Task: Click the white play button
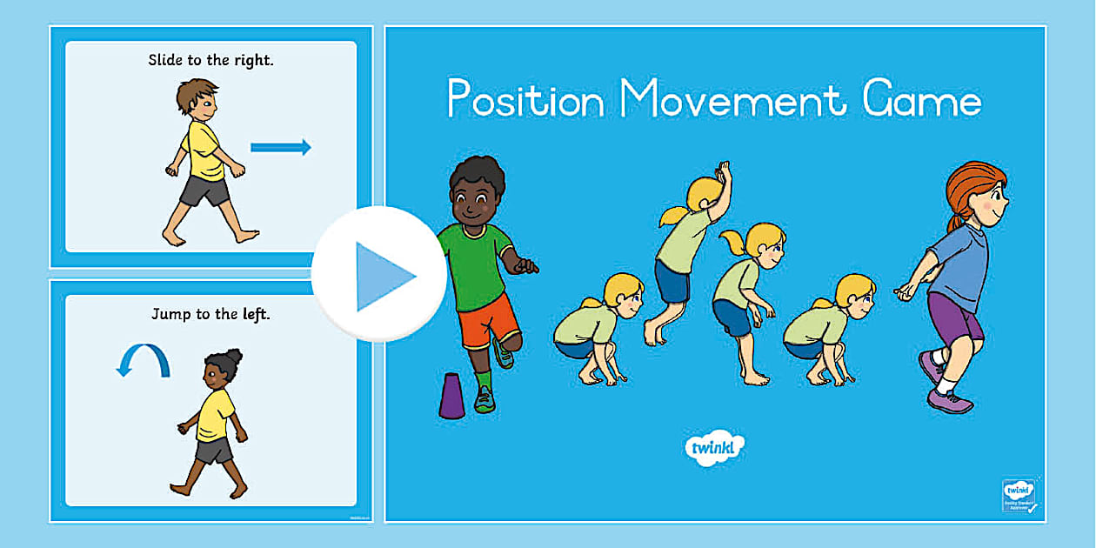(x=379, y=275)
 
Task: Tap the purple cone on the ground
(x=451, y=396)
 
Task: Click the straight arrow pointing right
(x=280, y=147)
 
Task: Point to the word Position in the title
(x=525, y=101)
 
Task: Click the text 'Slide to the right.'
(x=210, y=61)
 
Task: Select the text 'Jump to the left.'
(x=211, y=313)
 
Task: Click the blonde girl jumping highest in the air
(x=687, y=252)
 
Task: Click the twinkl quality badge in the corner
(x=1019, y=495)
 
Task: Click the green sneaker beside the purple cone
(x=485, y=399)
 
